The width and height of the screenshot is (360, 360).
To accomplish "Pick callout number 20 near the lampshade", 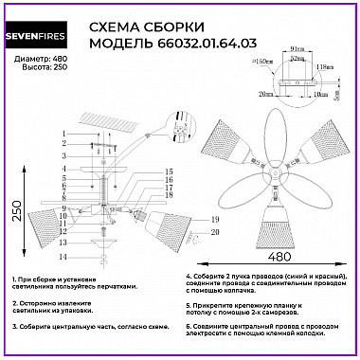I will (188, 232).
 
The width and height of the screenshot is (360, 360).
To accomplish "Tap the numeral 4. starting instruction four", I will (189, 278).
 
